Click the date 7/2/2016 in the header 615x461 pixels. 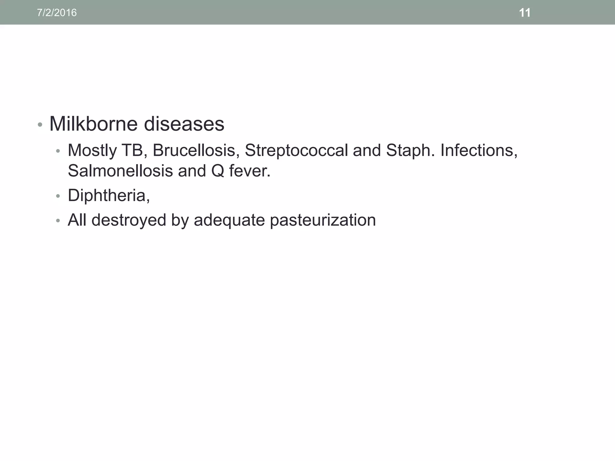pos(57,13)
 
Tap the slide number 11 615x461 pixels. pos(525,13)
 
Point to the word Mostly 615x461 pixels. pos(92,150)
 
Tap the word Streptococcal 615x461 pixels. pos(296,150)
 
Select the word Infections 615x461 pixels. pos(479,150)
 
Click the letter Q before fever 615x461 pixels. pos(218,171)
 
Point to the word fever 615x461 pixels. pos(250,171)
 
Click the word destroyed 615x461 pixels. pos(129,220)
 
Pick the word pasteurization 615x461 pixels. pos(323,220)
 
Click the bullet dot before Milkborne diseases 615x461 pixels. pos(40,124)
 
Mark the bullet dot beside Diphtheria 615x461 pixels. pos(58,196)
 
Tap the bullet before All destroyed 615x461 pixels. pos(58,221)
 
